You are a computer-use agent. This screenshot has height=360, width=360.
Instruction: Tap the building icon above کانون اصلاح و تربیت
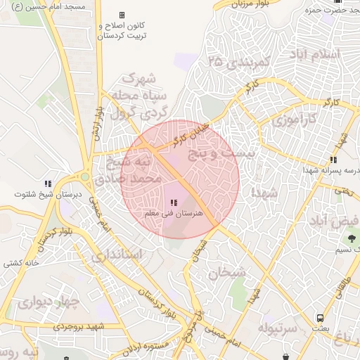(122, 15)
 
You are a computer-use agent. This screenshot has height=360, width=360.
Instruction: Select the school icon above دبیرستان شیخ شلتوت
(48, 184)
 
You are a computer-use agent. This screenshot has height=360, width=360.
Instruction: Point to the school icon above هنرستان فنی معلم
(174, 203)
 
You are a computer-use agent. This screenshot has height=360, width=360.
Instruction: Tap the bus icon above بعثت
(321, 318)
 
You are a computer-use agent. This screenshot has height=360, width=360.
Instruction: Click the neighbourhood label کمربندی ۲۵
(239, 62)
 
